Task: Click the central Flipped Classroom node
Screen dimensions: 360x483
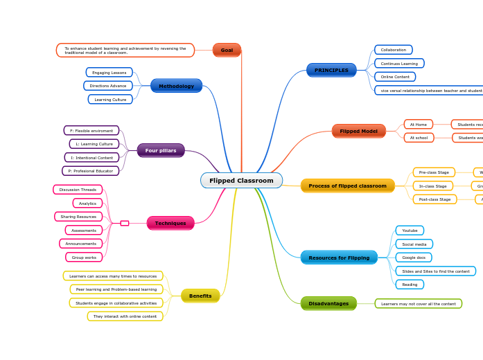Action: (241, 181)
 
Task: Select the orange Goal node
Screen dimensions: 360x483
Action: (227, 50)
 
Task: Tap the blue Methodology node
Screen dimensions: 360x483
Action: (176, 86)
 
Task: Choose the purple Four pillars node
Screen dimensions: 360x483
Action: (161, 150)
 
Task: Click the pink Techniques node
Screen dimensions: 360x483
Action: (170, 223)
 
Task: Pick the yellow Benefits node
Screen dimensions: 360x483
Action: (200, 296)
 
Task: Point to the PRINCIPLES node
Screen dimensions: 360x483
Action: (331, 70)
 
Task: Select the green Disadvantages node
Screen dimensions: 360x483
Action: (328, 303)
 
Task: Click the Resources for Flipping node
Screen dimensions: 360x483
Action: (339, 258)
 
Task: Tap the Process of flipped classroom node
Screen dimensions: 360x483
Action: (347, 186)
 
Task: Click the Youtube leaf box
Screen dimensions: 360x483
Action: (410, 231)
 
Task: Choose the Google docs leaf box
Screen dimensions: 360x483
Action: (414, 257)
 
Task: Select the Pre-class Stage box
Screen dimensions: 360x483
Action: (434, 172)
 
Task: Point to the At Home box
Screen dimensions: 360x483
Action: (419, 125)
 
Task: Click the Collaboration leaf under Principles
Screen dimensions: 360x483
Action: (394, 50)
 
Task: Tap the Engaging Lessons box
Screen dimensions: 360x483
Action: (109, 73)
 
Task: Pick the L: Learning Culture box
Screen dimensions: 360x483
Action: (94, 144)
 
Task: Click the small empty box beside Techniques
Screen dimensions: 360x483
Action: (125, 223)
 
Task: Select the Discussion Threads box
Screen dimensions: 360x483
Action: (78, 190)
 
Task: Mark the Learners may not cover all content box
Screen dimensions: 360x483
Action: (419, 303)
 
